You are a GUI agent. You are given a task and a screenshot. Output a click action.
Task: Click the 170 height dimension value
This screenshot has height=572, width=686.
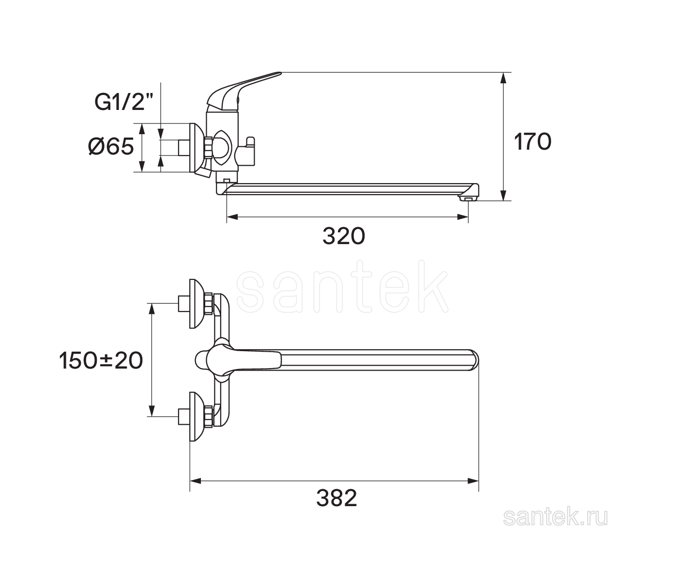[x=532, y=142]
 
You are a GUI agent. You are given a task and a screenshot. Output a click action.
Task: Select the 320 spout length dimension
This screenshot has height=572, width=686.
[x=344, y=236]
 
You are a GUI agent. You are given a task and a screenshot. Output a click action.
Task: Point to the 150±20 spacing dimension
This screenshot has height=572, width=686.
[x=101, y=360]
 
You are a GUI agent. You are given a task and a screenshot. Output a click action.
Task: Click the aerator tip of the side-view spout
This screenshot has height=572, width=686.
[x=468, y=198]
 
